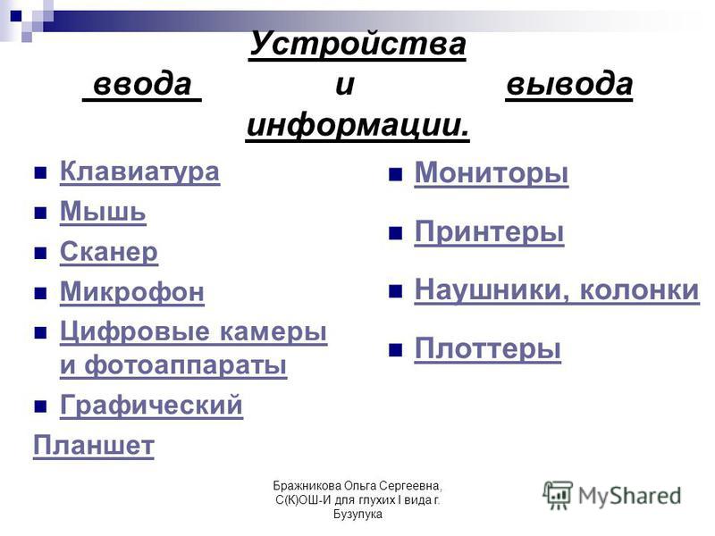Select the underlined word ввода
coord(142,85)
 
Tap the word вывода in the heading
coord(569,85)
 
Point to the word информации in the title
coord(357,125)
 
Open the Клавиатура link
coord(140,172)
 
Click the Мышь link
coord(103,212)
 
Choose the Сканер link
coord(109,252)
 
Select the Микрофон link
coord(132,292)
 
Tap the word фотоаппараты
coord(186,364)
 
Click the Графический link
coord(151,406)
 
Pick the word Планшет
coord(94,445)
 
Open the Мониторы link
coord(492,173)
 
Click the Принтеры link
coord(489,232)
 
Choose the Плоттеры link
coord(488,348)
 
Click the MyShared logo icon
coord(557,495)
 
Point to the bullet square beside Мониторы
coord(395,174)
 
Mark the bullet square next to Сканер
coord(40,253)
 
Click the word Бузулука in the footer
coord(357,515)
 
